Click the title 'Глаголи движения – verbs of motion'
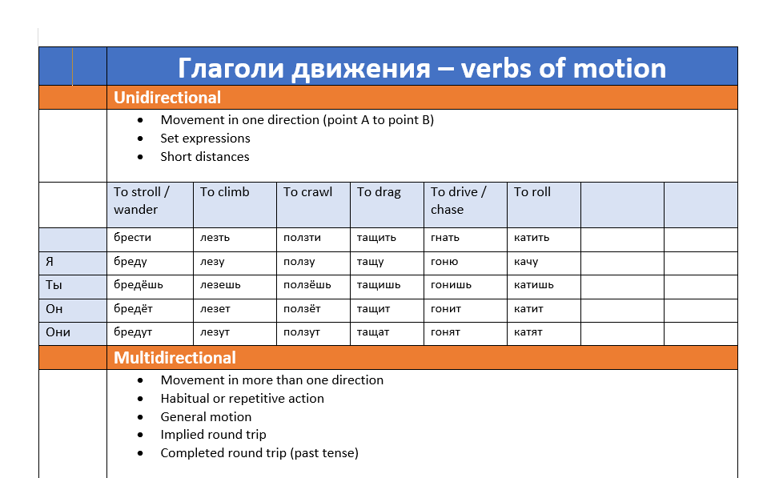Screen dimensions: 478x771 pos(421,68)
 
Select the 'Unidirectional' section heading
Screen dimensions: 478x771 pos(167,98)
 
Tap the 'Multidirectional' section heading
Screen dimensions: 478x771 pos(175,358)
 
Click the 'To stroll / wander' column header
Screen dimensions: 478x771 pos(142,201)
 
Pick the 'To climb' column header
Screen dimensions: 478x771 pos(225,192)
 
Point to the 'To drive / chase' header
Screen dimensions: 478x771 pos(458,201)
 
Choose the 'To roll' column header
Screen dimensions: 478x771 pos(532,192)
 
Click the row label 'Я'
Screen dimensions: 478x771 pos(50,262)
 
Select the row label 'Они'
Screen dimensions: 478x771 pos(58,332)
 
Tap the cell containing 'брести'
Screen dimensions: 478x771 pos(132,238)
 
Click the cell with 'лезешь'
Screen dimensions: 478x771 pos(220,285)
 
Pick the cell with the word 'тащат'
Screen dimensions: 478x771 pos(373,332)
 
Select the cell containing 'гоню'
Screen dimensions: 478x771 pos(444,262)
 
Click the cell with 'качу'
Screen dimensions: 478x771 pos(526,262)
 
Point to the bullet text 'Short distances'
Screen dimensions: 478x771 pos(205,157)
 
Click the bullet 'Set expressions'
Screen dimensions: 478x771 pos(205,139)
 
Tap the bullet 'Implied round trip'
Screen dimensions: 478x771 pos(213,435)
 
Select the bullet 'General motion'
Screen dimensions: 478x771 pos(206,416)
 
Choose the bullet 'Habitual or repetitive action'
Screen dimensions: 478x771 pos(242,399)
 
